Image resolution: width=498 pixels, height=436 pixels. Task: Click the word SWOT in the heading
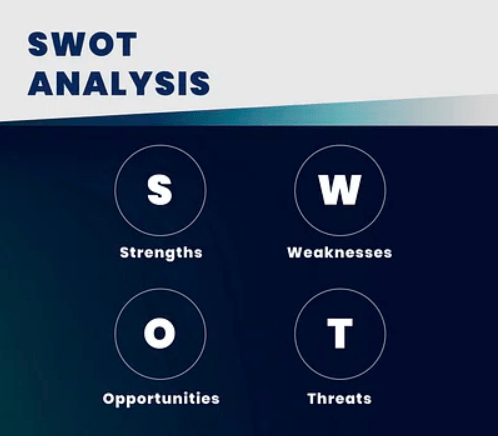[x=83, y=44]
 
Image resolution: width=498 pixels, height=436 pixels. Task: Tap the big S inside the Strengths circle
[x=160, y=189]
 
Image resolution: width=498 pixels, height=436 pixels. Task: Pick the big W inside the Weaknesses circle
[x=339, y=189]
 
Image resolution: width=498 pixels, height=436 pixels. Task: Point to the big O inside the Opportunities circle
[x=160, y=334]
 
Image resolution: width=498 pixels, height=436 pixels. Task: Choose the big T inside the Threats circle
[x=339, y=334]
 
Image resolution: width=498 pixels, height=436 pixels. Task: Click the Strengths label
[x=160, y=252]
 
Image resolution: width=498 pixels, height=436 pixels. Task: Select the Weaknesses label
[x=339, y=252]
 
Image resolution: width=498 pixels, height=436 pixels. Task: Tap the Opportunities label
[x=160, y=398]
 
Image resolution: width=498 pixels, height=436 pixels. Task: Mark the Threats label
[x=339, y=398]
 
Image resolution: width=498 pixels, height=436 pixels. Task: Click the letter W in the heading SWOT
[x=71, y=44]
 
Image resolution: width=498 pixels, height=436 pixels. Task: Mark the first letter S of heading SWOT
[x=40, y=44]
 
